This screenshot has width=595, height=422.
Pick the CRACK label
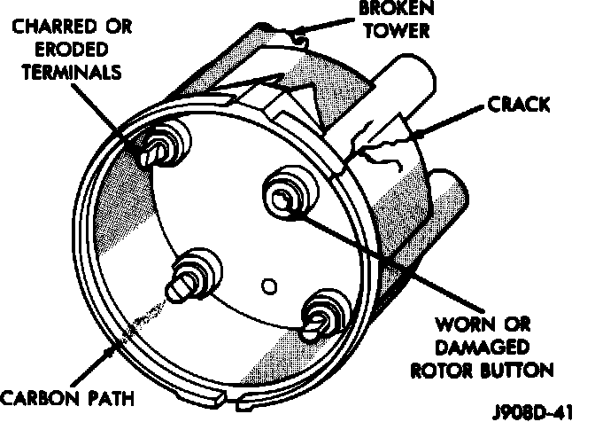[519, 106]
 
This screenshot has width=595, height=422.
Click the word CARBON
[39, 397]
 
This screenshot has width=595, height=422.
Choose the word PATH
[107, 397]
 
